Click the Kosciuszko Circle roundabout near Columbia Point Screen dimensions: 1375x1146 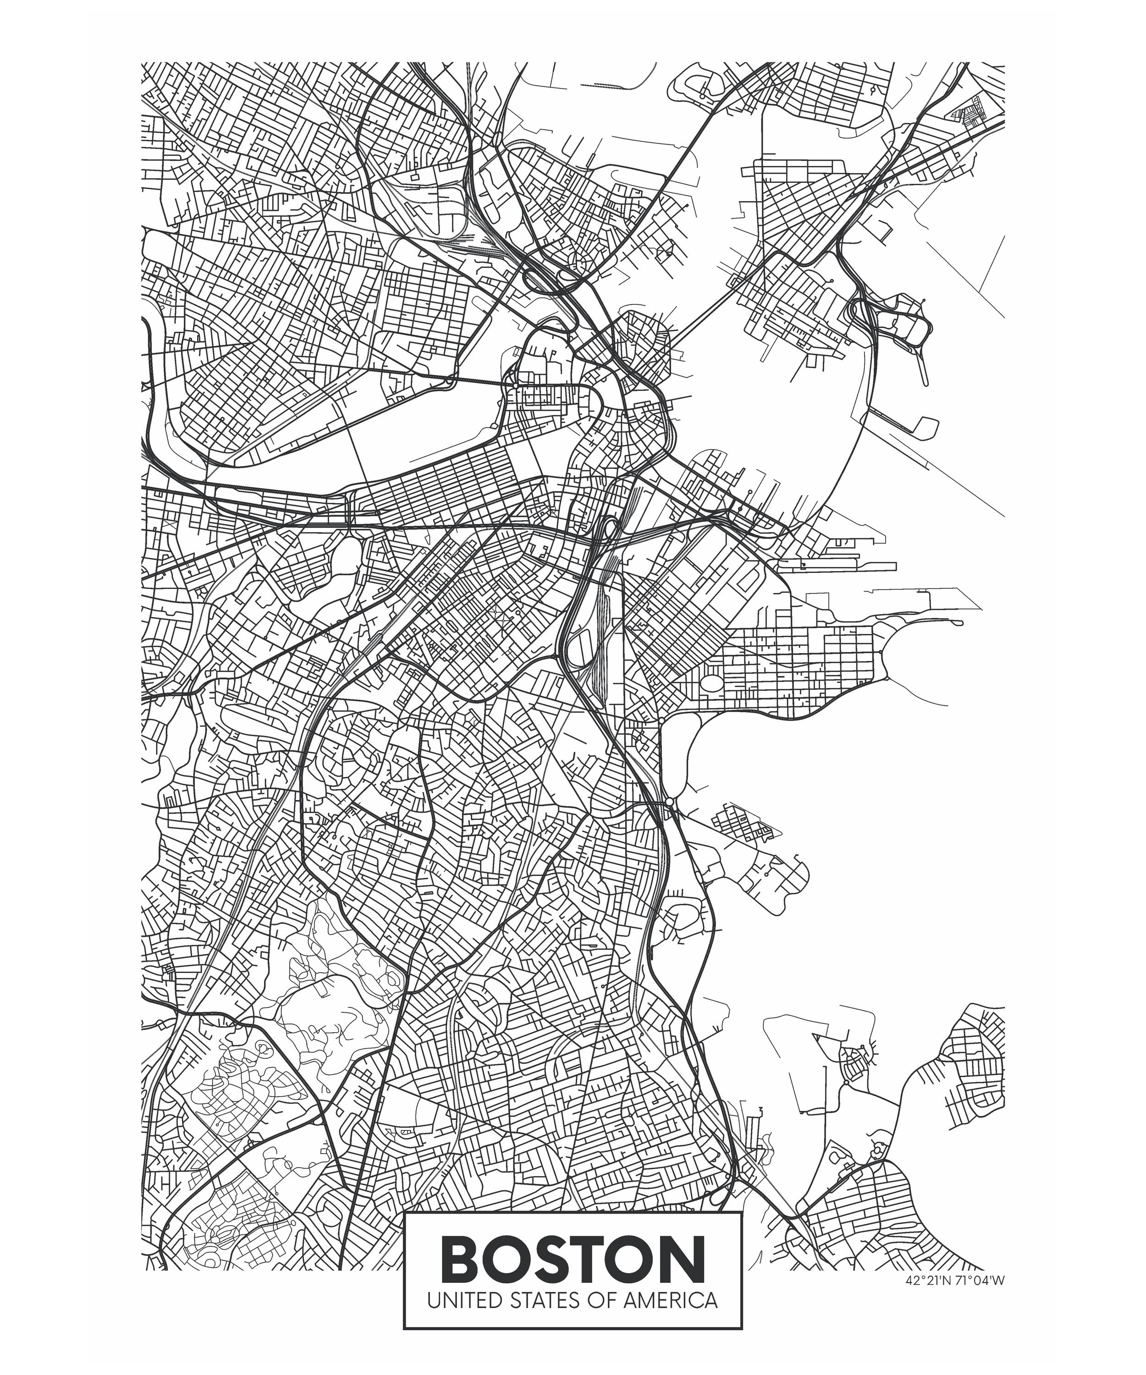[669, 802]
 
